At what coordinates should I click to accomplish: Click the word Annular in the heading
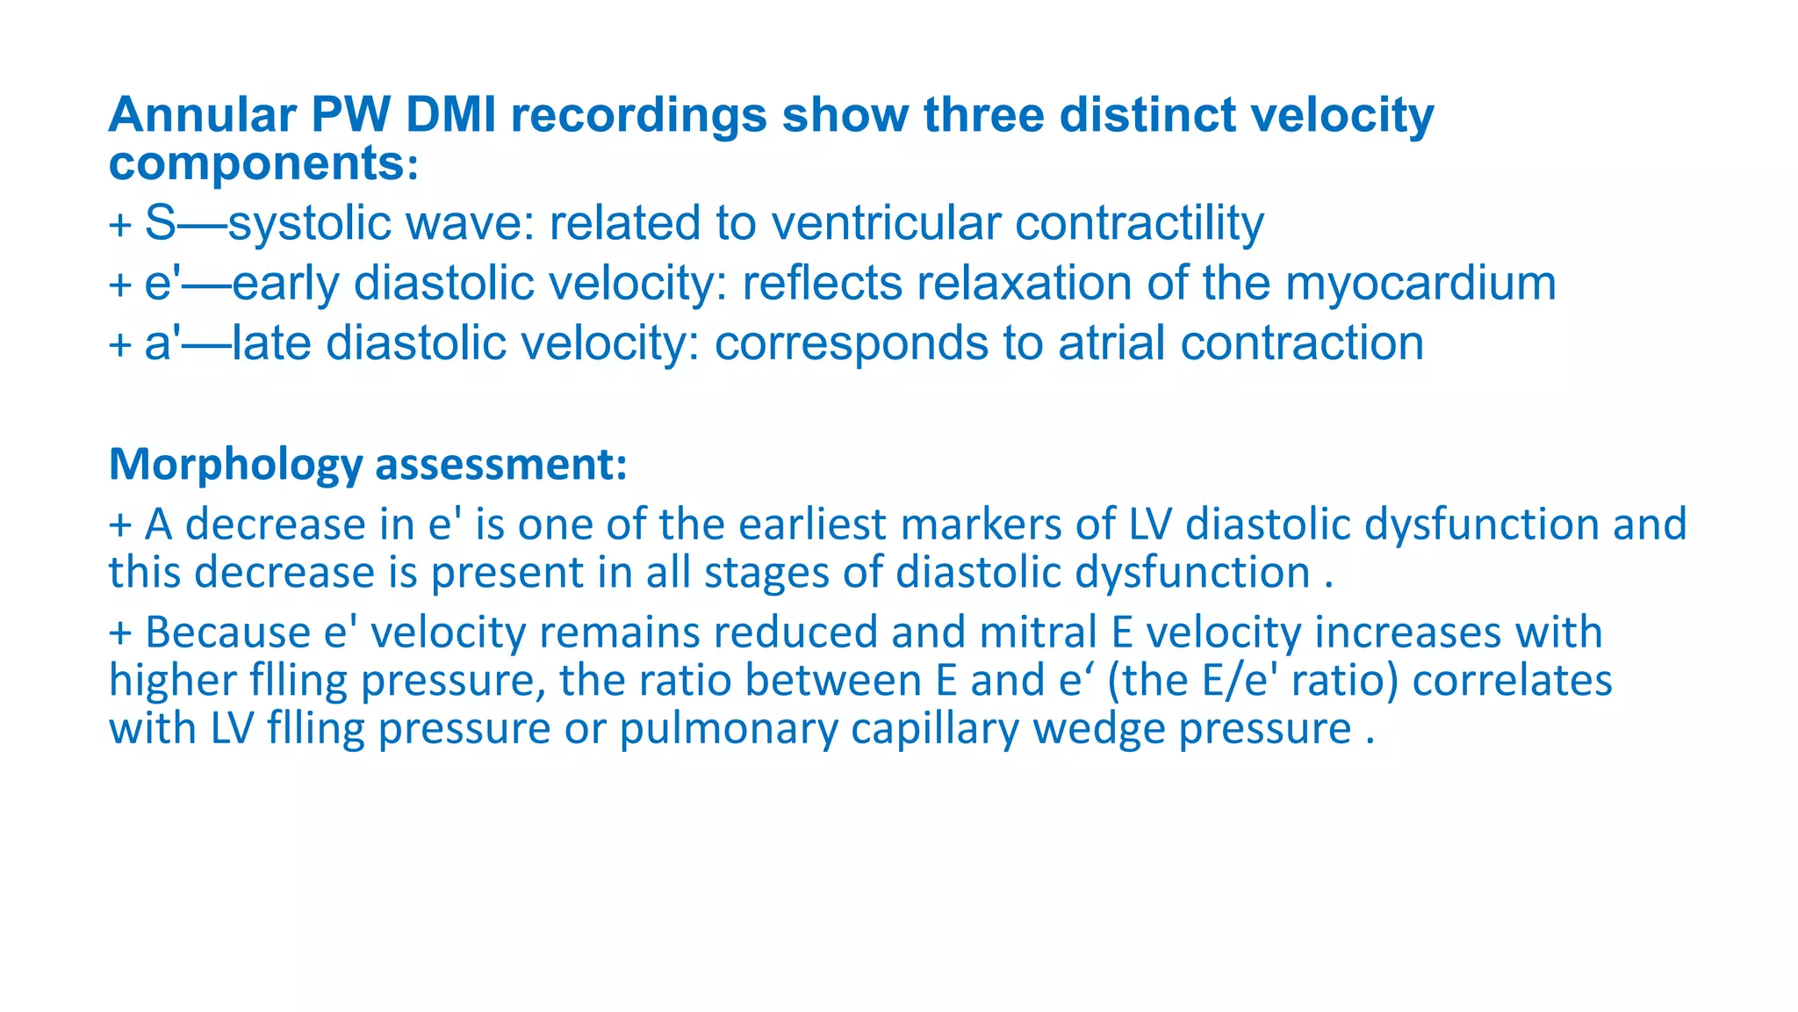click(x=201, y=115)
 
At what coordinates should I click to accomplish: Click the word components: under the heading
click(x=263, y=163)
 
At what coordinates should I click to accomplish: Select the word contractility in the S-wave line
click(x=1139, y=223)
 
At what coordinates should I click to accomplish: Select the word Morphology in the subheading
click(x=235, y=465)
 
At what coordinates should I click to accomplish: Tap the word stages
click(x=766, y=573)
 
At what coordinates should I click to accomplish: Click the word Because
click(x=228, y=632)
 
